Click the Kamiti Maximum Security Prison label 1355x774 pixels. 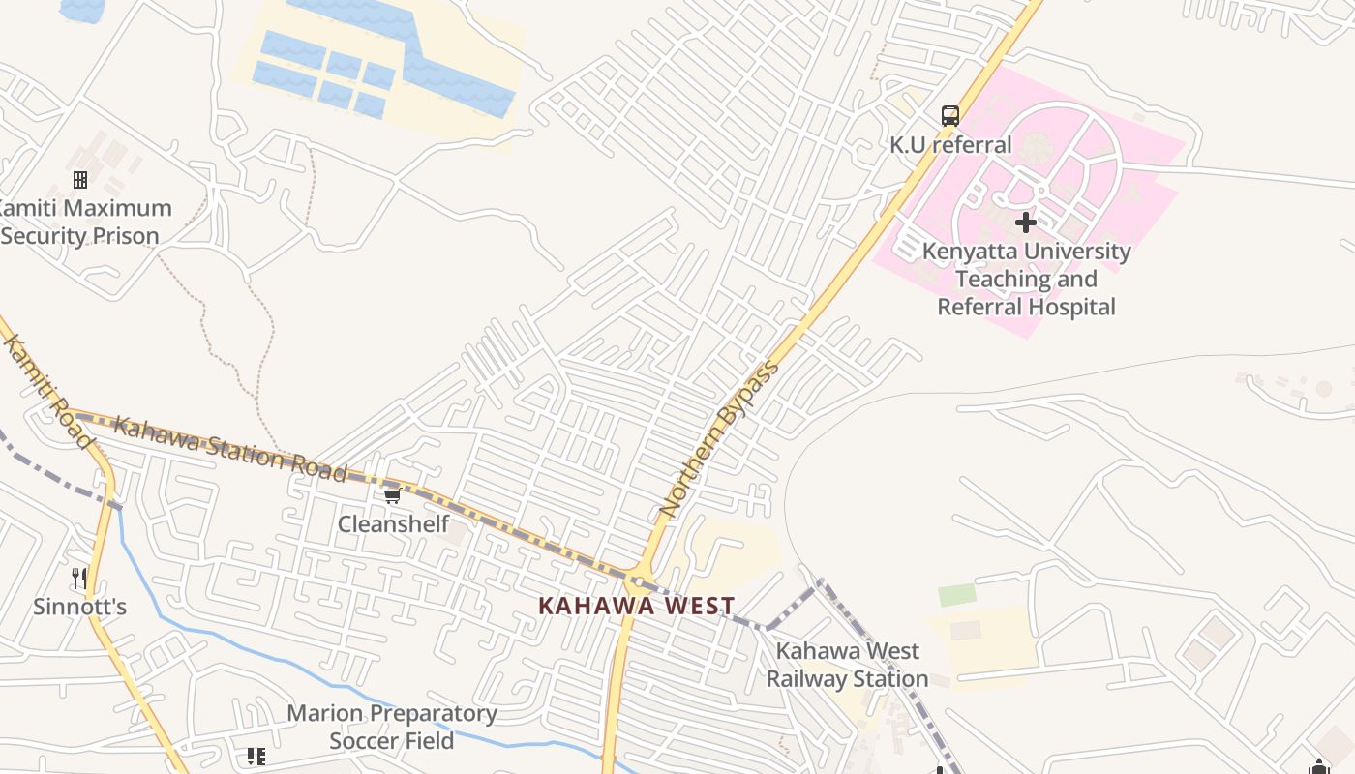pyautogui.click(x=85, y=222)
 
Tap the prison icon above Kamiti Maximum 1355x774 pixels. pyautogui.click(x=80, y=179)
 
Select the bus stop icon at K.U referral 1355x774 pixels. pyautogui.click(x=950, y=116)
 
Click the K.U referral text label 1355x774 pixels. pyautogui.click(x=950, y=145)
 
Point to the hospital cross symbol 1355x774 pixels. pyautogui.click(x=1026, y=223)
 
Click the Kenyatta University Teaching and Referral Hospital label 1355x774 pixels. pyautogui.click(x=1026, y=279)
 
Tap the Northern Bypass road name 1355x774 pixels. pyautogui.click(x=718, y=438)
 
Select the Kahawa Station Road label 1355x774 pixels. pyautogui.click(x=229, y=449)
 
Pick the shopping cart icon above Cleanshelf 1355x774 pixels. pyautogui.click(x=392, y=495)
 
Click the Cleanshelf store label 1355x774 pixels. pyautogui.click(x=393, y=524)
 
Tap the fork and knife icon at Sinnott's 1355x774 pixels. pyautogui.click(x=80, y=579)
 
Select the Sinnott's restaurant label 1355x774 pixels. pyautogui.click(x=80, y=608)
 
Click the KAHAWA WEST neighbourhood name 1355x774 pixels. pyautogui.click(x=636, y=607)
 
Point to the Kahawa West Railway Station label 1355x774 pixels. pyautogui.click(x=847, y=665)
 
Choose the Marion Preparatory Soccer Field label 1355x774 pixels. pyautogui.click(x=392, y=727)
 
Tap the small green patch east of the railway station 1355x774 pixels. pyautogui.click(x=957, y=594)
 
